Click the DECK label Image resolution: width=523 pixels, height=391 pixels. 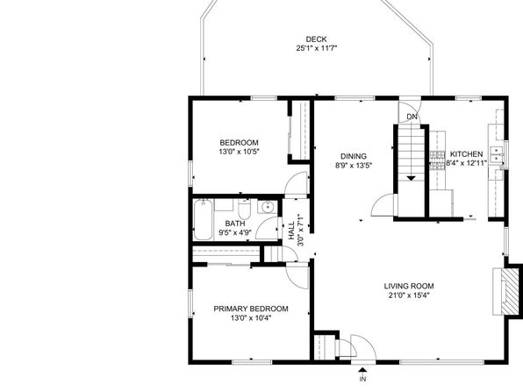(316, 39)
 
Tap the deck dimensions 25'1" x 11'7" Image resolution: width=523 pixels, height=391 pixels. (317, 48)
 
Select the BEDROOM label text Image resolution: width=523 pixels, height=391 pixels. (239, 143)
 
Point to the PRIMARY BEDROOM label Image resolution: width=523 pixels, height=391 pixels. (251, 309)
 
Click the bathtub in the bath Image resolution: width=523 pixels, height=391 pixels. (203, 219)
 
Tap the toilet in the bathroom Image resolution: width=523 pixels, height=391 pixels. (245, 209)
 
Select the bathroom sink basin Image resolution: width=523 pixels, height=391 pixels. (268, 207)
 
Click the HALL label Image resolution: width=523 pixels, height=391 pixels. (291, 230)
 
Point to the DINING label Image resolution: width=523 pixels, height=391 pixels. (354, 156)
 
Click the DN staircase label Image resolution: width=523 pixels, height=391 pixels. (412, 117)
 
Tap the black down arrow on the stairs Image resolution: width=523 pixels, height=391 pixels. (412, 178)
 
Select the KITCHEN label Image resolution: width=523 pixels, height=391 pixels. (466, 154)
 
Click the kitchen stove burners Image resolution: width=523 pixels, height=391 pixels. (437, 161)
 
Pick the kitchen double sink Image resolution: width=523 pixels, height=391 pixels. (497, 153)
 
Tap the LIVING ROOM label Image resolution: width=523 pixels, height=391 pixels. (409, 286)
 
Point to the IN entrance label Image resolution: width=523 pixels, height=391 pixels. (363, 379)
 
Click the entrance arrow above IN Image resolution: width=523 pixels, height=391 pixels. (362, 369)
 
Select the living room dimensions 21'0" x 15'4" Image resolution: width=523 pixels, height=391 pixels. (409, 295)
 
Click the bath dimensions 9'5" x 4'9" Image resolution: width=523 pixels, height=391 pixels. (235, 232)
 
